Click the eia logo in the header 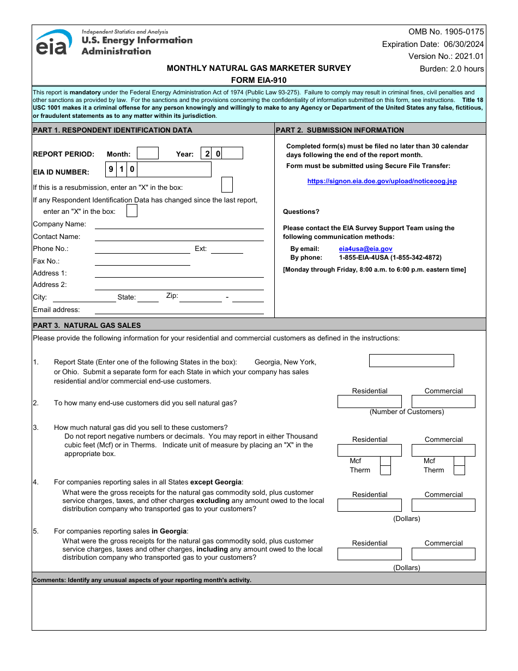click(53, 43)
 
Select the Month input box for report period click(147, 153)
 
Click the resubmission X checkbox click(227, 185)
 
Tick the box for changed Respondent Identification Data click(131, 211)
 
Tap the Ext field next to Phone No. click(227, 249)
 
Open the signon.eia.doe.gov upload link click(382, 181)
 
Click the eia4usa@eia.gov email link click(365, 249)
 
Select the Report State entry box click(411, 361)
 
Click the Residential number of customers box click(369, 402)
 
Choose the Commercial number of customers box click(443, 402)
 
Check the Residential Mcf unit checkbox click(385, 461)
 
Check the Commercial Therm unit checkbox click(459, 470)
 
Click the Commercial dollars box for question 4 click(443, 505)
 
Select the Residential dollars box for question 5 click(369, 554)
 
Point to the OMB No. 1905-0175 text click(446, 32)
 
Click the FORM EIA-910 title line click(259, 80)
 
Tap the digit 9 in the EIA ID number click(111, 170)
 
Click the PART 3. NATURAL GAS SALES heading click(87, 325)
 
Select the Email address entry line click(179, 310)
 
